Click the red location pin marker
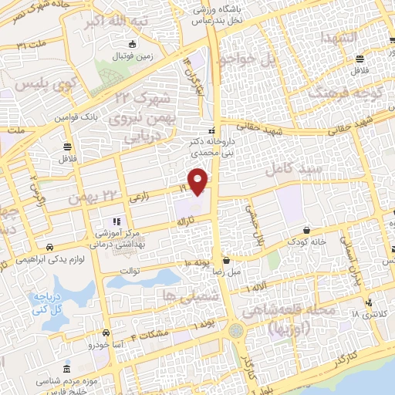click(198, 181)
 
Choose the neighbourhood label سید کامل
click(289, 168)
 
